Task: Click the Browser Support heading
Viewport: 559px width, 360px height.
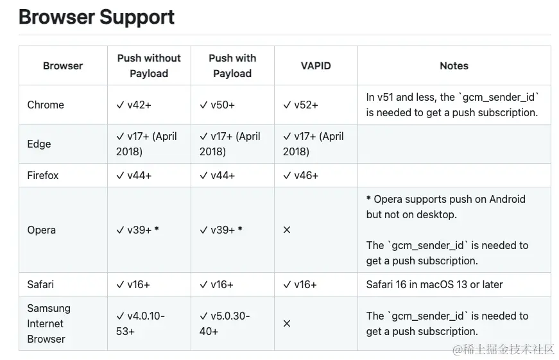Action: (x=96, y=17)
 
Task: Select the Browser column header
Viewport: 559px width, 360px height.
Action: (x=63, y=65)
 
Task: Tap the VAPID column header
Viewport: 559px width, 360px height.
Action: (x=316, y=65)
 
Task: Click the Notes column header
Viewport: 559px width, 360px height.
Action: (x=454, y=65)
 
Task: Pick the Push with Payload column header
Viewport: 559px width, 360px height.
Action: (x=232, y=65)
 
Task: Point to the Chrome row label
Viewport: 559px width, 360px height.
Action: (x=46, y=105)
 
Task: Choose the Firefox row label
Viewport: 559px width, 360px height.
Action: (x=43, y=175)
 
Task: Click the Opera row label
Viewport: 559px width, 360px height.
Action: (x=42, y=230)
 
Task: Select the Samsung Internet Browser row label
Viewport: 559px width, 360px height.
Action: (x=49, y=323)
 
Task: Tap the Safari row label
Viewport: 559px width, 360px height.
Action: (x=40, y=284)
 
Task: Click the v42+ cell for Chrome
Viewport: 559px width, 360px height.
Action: (x=134, y=105)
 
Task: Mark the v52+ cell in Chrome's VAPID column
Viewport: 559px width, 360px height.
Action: (x=300, y=105)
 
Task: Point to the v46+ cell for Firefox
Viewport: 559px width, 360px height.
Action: (x=300, y=175)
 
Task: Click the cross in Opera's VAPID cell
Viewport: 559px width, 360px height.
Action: (x=287, y=230)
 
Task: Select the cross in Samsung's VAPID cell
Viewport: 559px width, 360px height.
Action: (x=287, y=323)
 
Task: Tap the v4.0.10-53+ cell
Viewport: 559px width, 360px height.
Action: (x=141, y=323)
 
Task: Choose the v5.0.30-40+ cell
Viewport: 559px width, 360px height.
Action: (x=225, y=323)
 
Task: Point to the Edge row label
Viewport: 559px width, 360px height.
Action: (x=39, y=144)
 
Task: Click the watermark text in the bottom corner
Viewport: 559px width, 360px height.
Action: (x=503, y=349)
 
